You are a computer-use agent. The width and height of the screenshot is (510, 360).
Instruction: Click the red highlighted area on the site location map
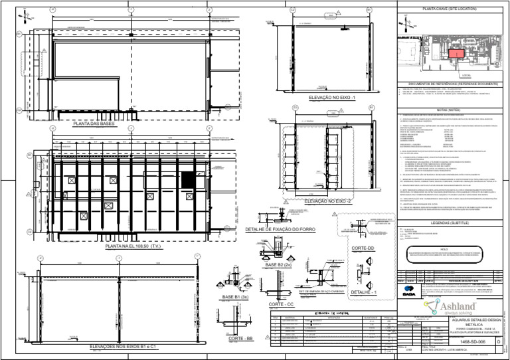click(455, 54)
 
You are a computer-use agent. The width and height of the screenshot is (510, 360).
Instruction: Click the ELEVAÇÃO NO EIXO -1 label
click(333, 97)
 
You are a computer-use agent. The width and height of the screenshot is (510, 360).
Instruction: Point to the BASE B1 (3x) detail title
click(236, 296)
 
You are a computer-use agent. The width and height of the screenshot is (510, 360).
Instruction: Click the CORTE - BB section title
click(237, 339)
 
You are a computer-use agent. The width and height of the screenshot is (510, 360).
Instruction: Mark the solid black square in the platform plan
click(189, 179)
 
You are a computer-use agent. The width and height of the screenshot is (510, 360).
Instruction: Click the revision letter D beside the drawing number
click(499, 340)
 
